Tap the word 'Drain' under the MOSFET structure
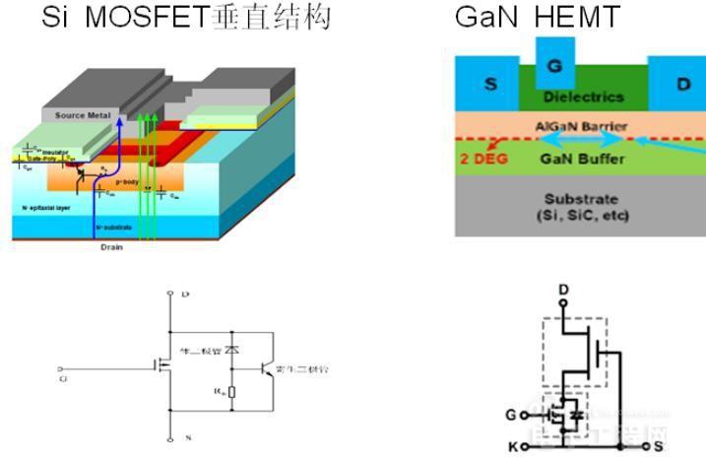[x=111, y=247]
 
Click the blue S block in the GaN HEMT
[x=490, y=84]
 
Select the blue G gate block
[x=555, y=66]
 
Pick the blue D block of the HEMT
[x=683, y=84]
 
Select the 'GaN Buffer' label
[x=583, y=157]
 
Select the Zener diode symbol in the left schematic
[x=230, y=350]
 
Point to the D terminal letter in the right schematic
[x=562, y=289]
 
